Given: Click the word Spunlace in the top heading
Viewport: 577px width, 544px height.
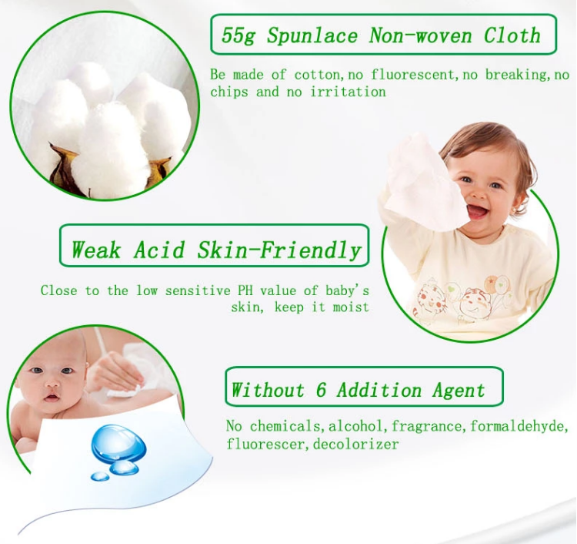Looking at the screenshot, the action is click(312, 35).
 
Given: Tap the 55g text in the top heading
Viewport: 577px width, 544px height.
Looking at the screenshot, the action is click(238, 35).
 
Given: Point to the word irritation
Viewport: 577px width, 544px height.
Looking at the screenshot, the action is click(348, 92).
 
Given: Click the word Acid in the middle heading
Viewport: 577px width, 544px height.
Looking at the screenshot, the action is click(159, 250).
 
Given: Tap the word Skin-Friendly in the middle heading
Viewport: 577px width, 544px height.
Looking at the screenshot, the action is click(279, 250).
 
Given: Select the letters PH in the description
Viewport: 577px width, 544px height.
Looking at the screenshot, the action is click(245, 290).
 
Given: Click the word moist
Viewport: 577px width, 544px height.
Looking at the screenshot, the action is click(351, 307).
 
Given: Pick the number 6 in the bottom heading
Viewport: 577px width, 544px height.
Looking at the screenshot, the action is click(321, 390).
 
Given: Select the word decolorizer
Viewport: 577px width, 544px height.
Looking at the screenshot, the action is click(356, 444).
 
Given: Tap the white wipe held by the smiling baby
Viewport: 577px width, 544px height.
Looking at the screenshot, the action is click(423, 183).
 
